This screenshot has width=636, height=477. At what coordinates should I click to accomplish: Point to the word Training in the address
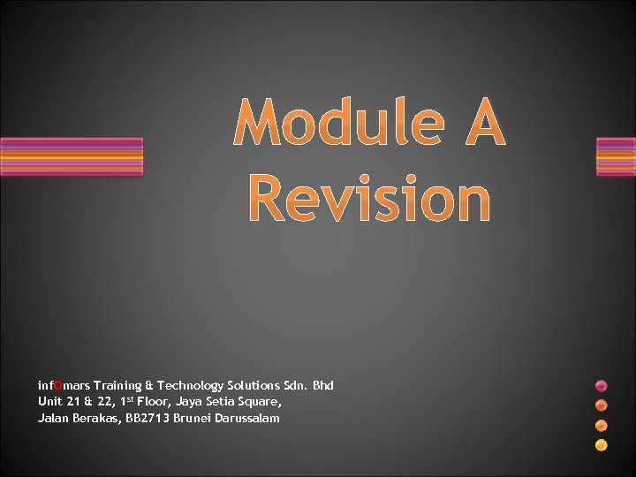tap(117, 385)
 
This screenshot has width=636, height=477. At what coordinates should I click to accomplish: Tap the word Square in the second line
tap(261, 402)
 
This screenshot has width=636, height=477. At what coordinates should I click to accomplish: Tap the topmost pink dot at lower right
tap(602, 386)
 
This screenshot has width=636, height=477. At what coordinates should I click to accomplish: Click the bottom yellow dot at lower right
tap(602, 445)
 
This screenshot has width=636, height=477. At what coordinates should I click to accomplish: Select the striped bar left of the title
tap(71, 157)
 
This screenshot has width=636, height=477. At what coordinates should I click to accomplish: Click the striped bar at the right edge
tap(616, 157)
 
